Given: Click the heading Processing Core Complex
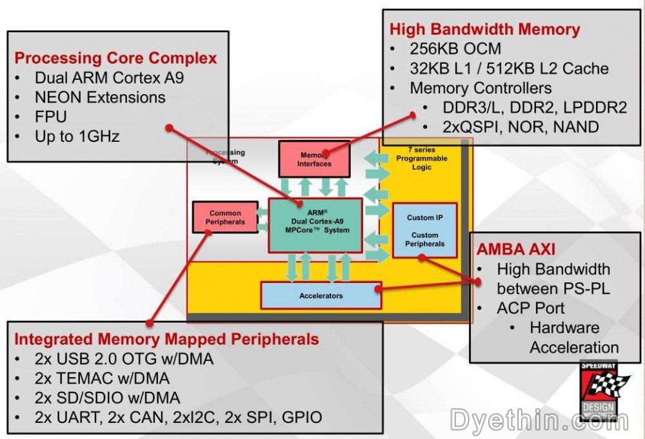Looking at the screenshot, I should click(x=115, y=58).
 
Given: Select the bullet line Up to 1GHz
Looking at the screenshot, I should click(x=77, y=137).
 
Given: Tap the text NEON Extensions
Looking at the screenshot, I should click(x=100, y=98).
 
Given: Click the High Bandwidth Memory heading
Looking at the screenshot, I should click(x=484, y=29).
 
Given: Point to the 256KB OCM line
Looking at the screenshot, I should click(x=455, y=49).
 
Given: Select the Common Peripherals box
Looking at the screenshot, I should click(x=225, y=217).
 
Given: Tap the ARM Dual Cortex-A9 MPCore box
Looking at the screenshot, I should click(x=315, y=225).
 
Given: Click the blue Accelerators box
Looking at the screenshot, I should click(x=321, y=296).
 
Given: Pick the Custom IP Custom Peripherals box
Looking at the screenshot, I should click(x=425, y=230).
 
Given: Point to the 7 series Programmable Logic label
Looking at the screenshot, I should click(x=421, y=159).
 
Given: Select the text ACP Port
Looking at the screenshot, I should click(x=530, y=308).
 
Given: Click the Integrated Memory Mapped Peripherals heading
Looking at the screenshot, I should click(x=166, y=339).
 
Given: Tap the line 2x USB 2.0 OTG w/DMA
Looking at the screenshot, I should click(x=124, y=359).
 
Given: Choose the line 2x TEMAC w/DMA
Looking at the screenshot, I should click(x=102, y=378).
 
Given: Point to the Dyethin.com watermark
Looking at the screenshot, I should click(x=538, y=421).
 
